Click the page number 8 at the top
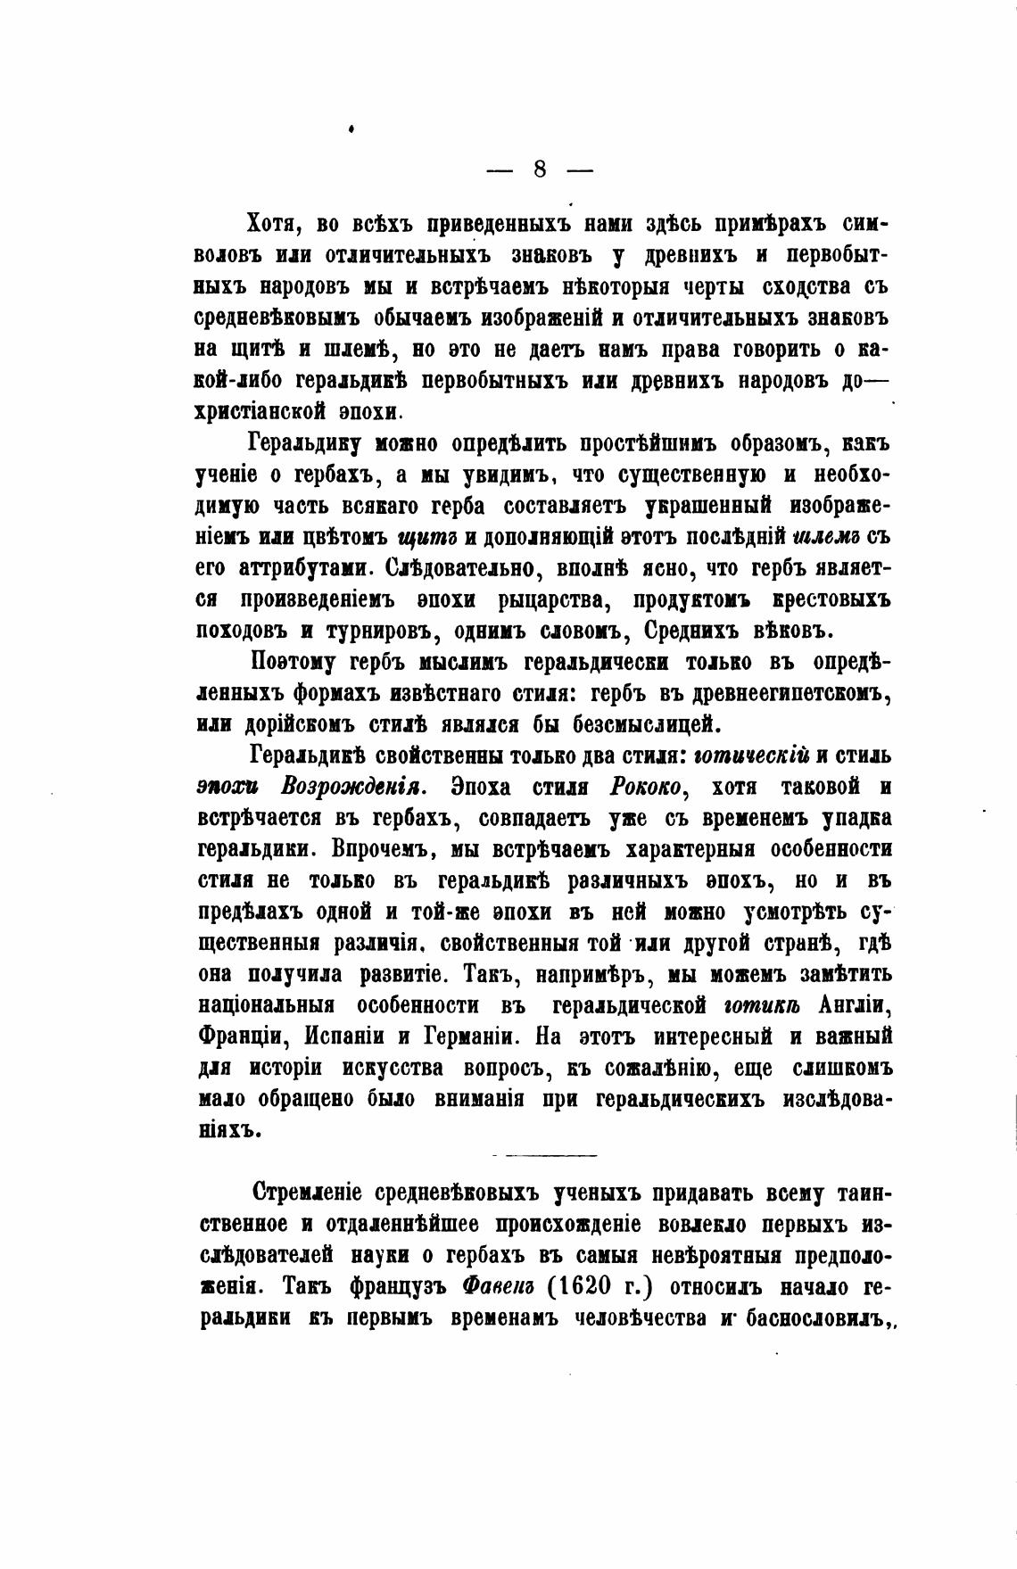pyautogui.click(x=539, y=168)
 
